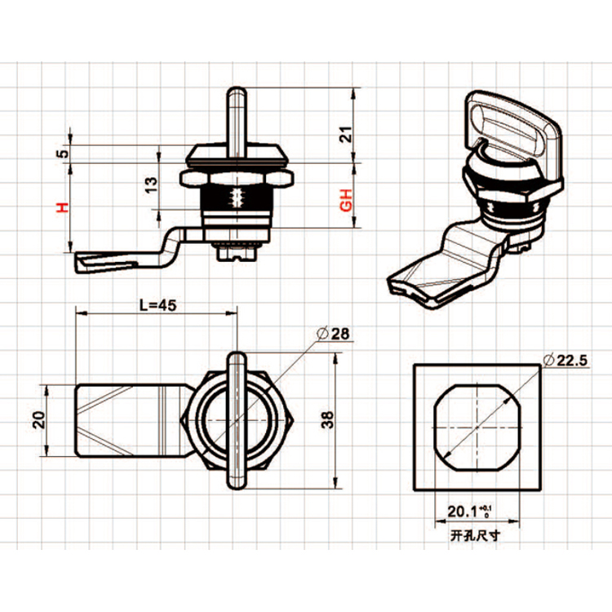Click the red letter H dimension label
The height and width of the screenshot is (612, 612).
[x=61, y=207]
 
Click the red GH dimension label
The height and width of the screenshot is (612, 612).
[x=345, y=200]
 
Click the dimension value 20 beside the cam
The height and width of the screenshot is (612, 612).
[x=38, y=421]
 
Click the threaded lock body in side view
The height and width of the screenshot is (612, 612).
[x=237, y=204]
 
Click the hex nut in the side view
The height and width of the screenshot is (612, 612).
[x=237, y=175]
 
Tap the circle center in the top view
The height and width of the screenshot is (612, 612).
[x=235, y=419]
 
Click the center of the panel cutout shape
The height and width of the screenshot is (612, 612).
[x=477, y=426]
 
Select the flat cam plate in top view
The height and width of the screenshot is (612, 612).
[x=126, y=421]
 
